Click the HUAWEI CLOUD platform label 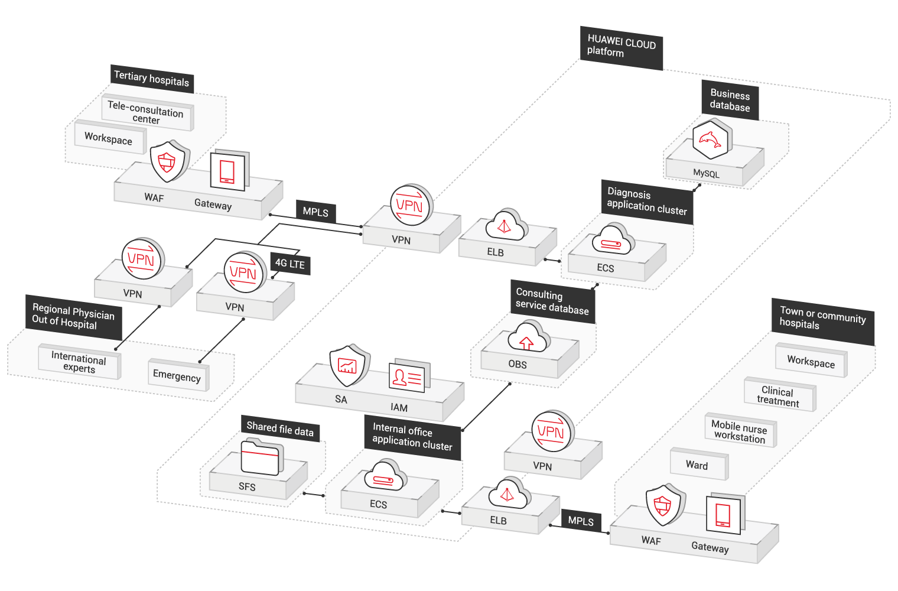coord(621,47)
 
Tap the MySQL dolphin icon coord(711,139)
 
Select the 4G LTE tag coord(290,264)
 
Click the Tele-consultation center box coord(147,112)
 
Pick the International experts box coord(79,362)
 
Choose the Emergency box coord(177,375)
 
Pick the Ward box coord(698,465)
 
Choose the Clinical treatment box coord(779,396)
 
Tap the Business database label coord(730,100)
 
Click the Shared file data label coord(280,429)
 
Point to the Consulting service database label coord(552,301)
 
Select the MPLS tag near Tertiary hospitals coord(315,212)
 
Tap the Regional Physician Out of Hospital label coord(73,317)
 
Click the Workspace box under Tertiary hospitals coord(109,138)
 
